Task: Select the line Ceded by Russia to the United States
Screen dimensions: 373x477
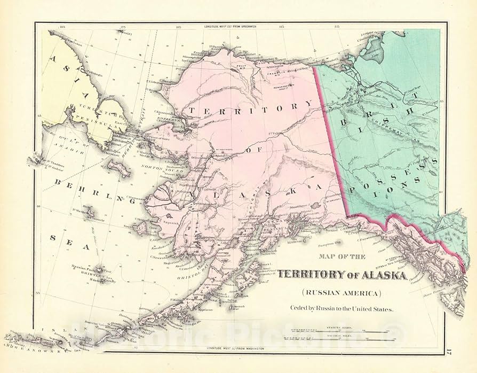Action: pyautogui.click(x=341, y=308)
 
